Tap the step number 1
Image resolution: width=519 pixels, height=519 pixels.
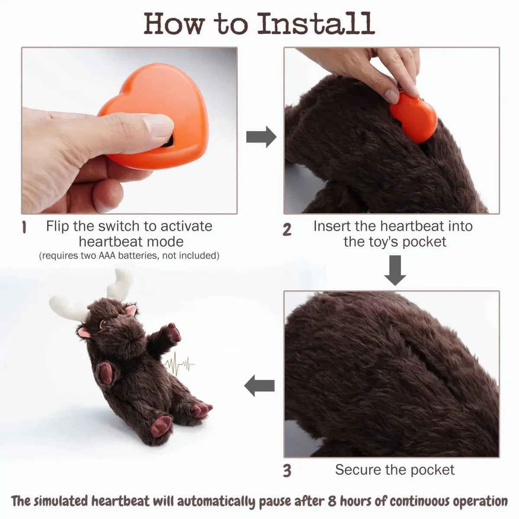point(25,227)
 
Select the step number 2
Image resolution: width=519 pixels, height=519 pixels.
point(287,230)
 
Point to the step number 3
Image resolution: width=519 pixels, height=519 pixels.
point(287,471)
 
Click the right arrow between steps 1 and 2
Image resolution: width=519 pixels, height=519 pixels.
point(261,137)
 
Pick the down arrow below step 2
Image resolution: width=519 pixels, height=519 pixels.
point(395,270)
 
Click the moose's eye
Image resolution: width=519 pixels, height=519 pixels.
point(103,324)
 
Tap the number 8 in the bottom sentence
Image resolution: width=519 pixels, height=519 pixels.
point(333,502)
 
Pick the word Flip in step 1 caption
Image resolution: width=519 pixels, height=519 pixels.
point(58,226)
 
